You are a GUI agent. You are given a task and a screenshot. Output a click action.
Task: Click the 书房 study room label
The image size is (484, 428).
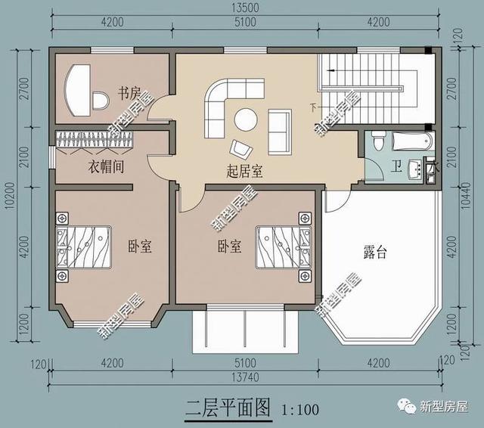pyautogui.click(x=128, y=94)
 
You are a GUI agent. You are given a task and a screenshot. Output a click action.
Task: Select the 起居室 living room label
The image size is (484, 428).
pyautogui.click(x=244, y=170)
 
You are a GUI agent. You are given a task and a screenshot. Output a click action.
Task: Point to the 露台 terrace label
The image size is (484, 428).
pyautogui.click(x=375, y=253)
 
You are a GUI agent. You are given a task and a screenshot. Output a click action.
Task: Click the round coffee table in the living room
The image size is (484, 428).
pyautogui.click(x=245, y=119)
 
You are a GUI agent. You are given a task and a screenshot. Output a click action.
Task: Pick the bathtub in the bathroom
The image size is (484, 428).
pyautogui.click(x=413, y=141)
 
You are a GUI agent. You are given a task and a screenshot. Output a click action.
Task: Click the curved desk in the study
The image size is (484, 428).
pyautogui.click(x=76, y=89)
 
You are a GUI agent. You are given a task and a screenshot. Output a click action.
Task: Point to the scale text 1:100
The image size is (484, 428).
pyautogui.click(x=299, y=411)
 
